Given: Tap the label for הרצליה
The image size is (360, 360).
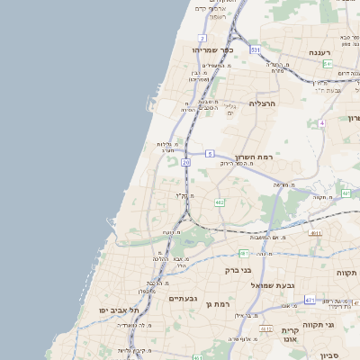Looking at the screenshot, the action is (x=265, y=104).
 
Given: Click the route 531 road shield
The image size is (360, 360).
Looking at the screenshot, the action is (x=256, y=49).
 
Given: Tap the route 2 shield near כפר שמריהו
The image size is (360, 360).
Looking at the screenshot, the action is (x=203, y=38).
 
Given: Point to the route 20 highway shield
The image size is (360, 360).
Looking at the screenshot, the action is (x=185, y=162).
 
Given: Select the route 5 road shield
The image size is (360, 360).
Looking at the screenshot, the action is (x=209, y=154).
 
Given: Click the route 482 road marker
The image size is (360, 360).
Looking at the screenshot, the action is (x=220, y=202).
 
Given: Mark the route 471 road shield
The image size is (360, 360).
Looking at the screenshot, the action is (x=309, y=300).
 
